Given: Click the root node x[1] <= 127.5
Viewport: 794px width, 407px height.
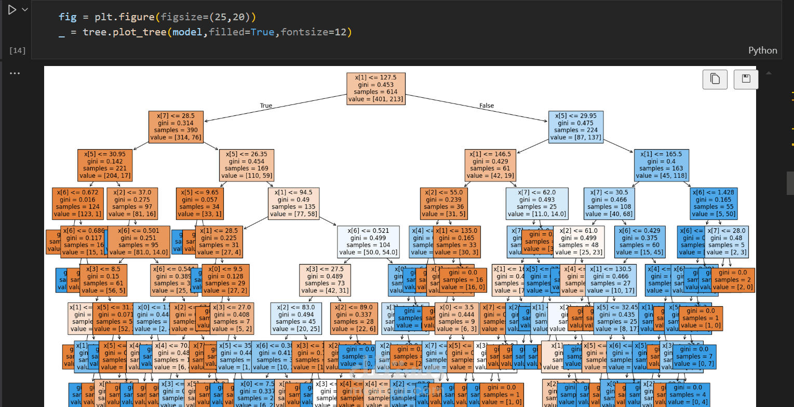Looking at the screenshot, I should pos(375,88).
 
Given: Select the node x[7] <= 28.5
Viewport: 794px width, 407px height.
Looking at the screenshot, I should pos(176,126).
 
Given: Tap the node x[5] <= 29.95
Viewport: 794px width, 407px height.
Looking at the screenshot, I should pos(576,126).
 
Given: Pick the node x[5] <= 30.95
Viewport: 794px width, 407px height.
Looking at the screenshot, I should pos(105,165).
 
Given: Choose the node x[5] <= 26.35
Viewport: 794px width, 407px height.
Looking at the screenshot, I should pos(246,165).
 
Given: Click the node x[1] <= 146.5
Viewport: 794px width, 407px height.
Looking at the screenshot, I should pos(490,165).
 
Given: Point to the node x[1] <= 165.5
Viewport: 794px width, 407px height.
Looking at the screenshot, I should pos(661,165).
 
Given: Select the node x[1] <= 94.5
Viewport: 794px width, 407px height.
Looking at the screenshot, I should pos(293,203).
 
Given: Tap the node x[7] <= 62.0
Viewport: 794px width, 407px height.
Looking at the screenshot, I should pos(537,203).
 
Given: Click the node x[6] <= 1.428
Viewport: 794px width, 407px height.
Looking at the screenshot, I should pos(715,203).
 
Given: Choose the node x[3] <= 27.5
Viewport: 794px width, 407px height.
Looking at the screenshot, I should pos(325,280).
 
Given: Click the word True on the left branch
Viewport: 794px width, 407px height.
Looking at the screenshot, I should pos(266,106).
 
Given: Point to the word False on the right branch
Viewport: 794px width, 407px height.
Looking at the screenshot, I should pos(487,106).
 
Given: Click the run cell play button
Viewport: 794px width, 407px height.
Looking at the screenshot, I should pos(12,10).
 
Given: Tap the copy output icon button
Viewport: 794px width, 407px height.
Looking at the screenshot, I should pos(715,79).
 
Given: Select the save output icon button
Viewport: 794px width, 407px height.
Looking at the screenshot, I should pos(746,79).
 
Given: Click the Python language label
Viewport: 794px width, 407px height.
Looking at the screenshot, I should pos(762,50).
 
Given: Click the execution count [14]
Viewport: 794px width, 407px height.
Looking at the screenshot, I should pos(18,50).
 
